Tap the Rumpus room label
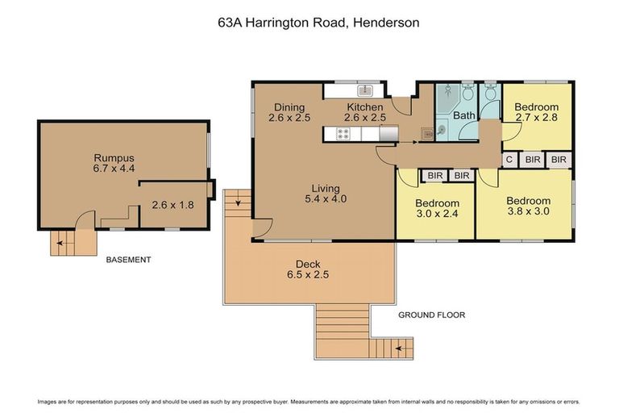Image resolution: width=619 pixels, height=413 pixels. tap(113, 157)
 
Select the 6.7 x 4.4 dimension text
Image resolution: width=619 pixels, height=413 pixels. tap(113, 169)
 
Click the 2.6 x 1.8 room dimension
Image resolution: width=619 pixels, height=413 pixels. tap(173, 205)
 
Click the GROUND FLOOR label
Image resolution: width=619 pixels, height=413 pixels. tap(432, 315)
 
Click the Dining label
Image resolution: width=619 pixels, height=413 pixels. tap(289, 107)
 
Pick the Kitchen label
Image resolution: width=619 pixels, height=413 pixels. tap(365, 107)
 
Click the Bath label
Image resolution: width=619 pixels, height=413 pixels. tap(464, 115)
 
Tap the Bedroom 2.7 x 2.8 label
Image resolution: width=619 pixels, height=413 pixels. tap(537, 107)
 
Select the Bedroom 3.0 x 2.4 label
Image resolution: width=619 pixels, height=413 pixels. tap(437, 203)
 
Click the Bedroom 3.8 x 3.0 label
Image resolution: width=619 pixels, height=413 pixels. tap(528, 201)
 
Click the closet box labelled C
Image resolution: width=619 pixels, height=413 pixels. tap(509, 160)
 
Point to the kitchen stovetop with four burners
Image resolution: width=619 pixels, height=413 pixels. tap(343, 134)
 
